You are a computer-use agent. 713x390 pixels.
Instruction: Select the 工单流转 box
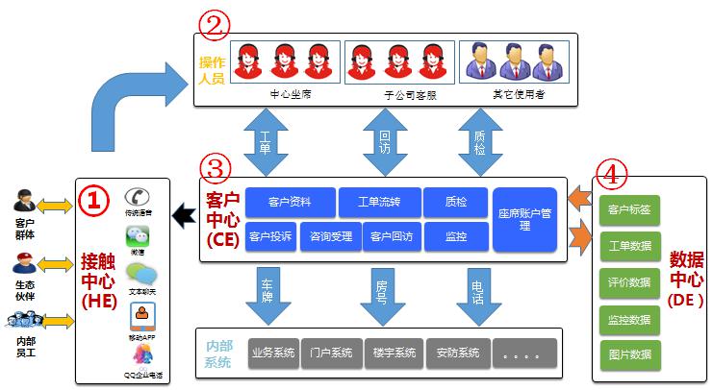[x=379, y=202]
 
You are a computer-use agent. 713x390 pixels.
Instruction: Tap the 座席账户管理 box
[x=524, y=219]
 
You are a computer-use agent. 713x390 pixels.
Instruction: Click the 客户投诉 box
[x=270, y=236]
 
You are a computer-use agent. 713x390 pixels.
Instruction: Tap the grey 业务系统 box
[x=272, y=353]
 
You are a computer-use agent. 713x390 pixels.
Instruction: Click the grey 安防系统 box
[x=457, y=353]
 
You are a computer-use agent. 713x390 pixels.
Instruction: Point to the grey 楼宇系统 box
[x=395, y=353]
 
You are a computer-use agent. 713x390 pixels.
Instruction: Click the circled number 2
[x=213, y=25]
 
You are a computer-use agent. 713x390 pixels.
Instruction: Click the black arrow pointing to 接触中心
[x=185, y=220]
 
